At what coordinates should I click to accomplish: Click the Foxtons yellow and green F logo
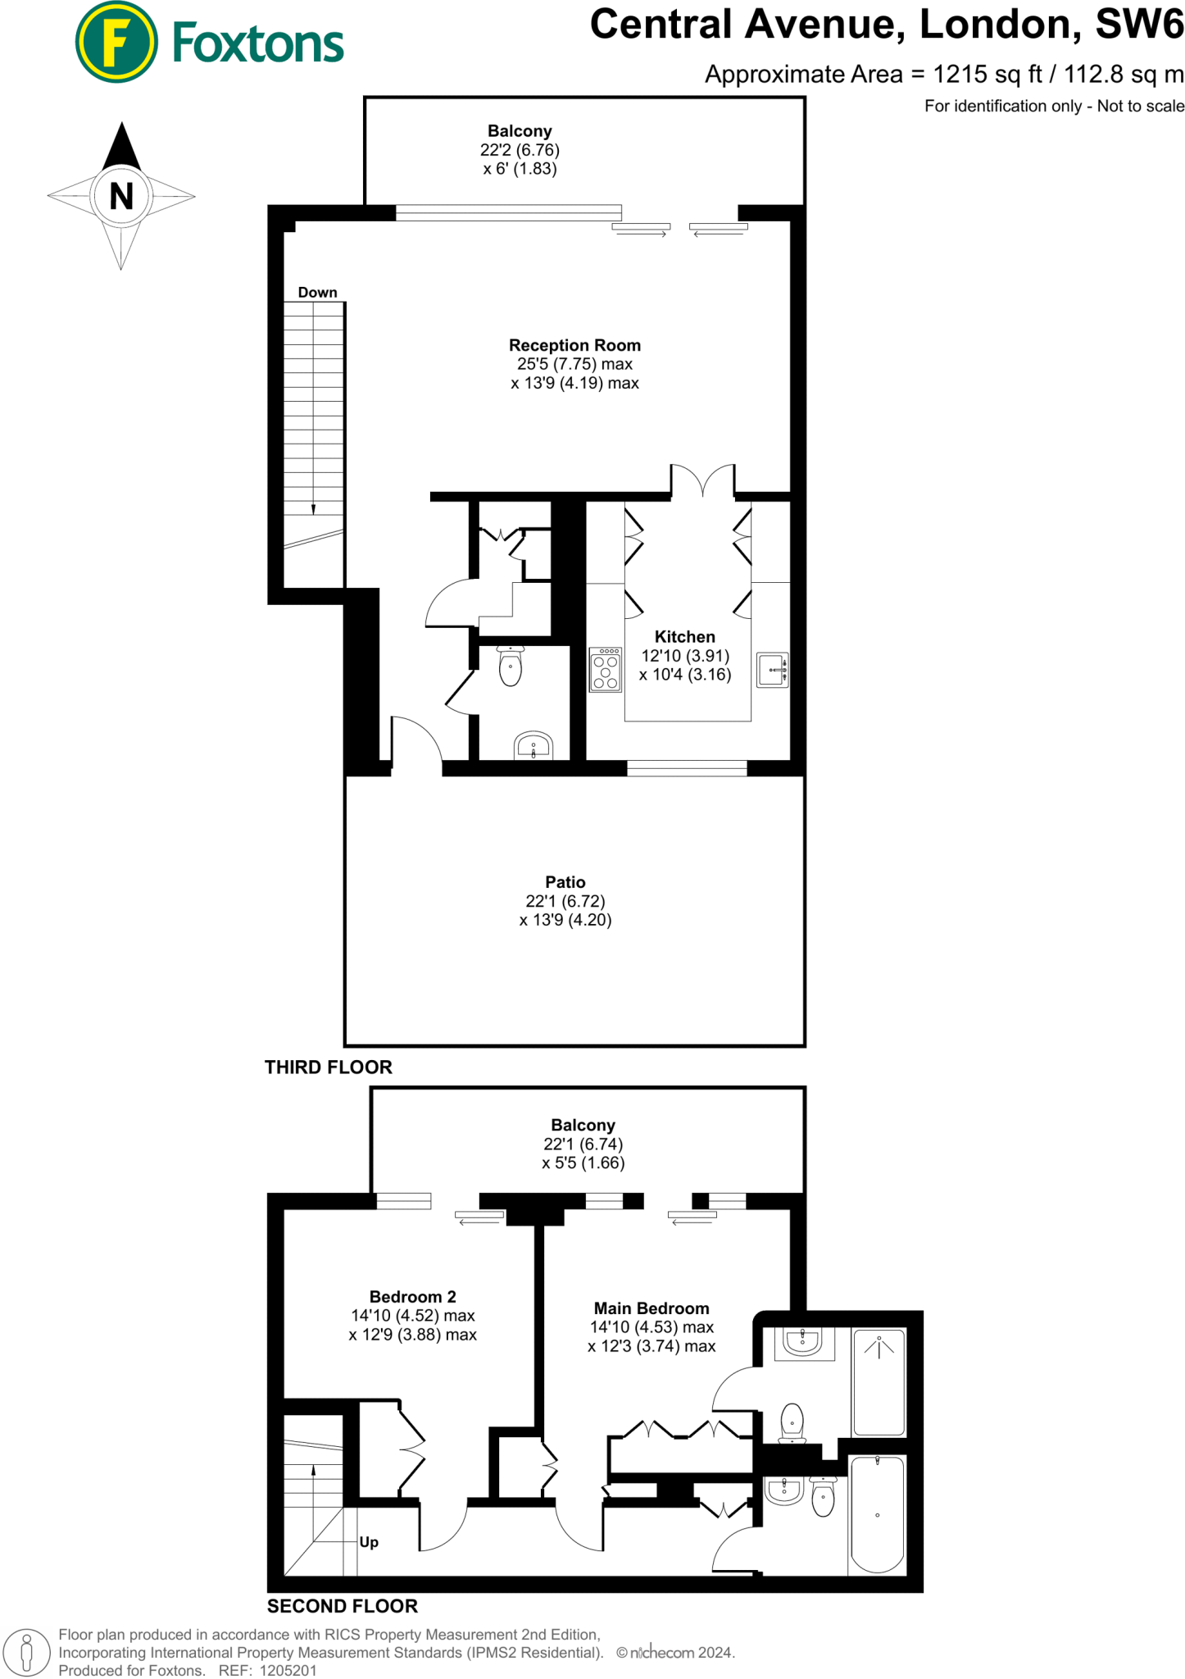click(116, 42)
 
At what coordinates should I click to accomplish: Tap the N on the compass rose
click(121, 197)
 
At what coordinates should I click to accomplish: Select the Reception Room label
click(574, 345)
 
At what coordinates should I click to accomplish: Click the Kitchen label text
click(684, 637)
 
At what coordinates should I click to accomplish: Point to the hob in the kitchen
click(606, 670)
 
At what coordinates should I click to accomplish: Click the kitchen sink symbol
click(772, 670)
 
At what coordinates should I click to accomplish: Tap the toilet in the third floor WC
click(511, 666)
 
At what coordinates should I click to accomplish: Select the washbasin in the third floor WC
click(533, 746)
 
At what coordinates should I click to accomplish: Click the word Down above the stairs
click(317, 293)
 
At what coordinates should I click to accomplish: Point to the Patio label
click(565, 882)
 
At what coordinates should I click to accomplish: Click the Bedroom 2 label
click(412, 1297)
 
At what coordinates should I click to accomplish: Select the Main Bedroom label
click(652, 1308)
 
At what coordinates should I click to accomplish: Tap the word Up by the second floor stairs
click(369, 1542)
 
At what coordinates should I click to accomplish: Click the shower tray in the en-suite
click(879, 1381)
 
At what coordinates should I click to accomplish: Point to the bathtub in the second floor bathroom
click(878, 1514)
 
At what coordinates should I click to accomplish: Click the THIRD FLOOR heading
click(328, 1067)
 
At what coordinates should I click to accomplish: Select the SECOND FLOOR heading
click(342, 1606)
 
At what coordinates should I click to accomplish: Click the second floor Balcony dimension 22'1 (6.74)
click(583, 1144)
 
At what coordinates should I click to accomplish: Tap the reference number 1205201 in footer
click(288, 1670)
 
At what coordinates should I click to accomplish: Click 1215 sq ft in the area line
click(987, 75)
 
